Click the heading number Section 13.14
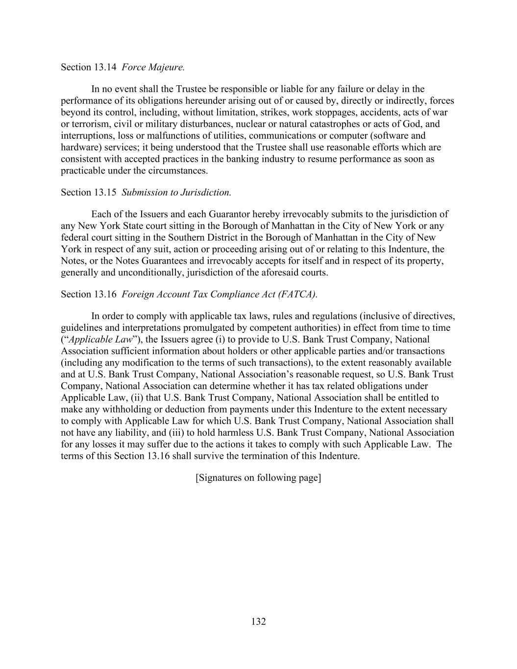point(88,67)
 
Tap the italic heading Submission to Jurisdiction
point(176,192)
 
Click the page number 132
point(258,621)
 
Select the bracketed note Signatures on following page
point(258,477)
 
